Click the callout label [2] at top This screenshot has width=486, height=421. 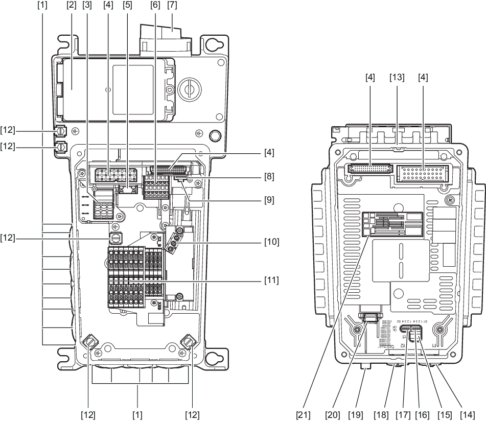pos(71,6)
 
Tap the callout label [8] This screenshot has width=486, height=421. pos(269,177)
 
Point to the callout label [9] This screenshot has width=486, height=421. pos(269,201)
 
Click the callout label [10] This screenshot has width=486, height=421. pos(271,240)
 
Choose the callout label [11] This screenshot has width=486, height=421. pos(271,280)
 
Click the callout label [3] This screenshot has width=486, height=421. pos(87,6)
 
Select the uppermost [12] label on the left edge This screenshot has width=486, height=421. pos(10,131)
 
